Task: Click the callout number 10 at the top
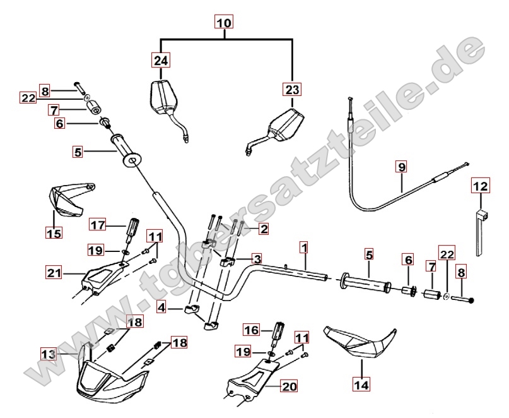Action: pos(224,23)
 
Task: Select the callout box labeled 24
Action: pos(161,61)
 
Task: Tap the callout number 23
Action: pos(293,89)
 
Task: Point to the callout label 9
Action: pos(402,167)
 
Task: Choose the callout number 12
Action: pos(481,186)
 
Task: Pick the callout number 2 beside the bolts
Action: pos(264,229)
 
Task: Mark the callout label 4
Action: pos(162,308)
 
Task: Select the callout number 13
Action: pos(49,355)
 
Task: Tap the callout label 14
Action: pos(361,383)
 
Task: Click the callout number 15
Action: pos(54,233)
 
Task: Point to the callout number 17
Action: pos(97,224)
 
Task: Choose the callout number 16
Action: pos(252,329)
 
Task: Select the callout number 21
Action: pos(54,273)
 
